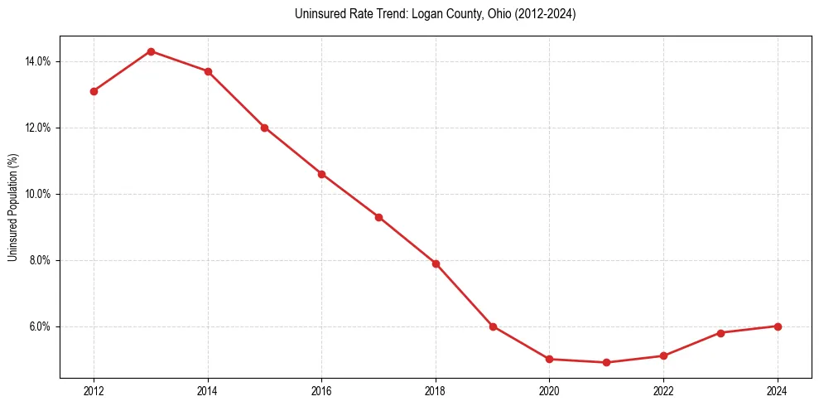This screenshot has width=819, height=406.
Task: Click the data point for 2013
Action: coord(151,51)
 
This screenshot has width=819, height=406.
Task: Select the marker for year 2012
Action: coord(94,91)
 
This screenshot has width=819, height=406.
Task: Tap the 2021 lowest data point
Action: coord(606,362)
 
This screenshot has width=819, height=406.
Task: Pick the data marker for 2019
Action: coord(493,326)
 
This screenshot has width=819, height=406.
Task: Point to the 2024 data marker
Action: coord(778,326)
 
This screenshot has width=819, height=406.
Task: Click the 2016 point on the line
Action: coord(321,174)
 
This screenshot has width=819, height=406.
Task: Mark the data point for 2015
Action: coord(264,128)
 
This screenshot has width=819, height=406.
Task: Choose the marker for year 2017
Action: coord(378,217)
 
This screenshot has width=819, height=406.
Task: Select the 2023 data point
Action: coord(720,333)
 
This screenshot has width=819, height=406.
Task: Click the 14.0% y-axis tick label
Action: coord(38,61)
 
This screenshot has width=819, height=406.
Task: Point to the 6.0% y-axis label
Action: coord(40,326)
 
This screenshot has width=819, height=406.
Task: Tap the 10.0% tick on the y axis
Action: coord(38,194)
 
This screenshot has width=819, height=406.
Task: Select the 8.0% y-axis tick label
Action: coord(40,260)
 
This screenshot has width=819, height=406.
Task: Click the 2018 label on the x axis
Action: coord(436,391)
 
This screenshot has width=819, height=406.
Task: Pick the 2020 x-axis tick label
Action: coord(549,391)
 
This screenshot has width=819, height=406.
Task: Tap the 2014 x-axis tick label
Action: coord(208,391)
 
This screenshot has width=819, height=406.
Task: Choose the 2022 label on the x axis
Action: coord(663,391)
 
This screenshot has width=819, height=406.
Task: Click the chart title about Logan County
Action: coord(435,14)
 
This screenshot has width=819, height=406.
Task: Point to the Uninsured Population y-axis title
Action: coord(12,207)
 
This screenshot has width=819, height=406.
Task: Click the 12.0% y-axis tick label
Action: coord(38,128)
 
